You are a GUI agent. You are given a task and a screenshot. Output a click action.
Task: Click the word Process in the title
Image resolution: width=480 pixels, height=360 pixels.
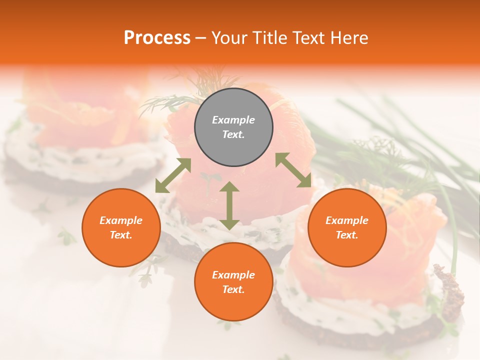pyautogui.click(x=157, y=38)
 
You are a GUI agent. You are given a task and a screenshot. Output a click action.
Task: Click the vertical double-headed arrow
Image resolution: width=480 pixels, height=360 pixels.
pyautogui.click(x=229, y=205)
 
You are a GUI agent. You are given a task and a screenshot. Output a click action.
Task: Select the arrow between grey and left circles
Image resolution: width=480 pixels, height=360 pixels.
pyautogui.click(x=173, y=175)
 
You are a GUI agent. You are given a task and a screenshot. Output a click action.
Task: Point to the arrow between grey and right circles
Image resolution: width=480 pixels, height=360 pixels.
pyautogui.click(x=293, y=170)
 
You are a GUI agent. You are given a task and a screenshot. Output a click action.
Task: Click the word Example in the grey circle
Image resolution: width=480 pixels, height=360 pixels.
pyautogui.click(x=233, y=120)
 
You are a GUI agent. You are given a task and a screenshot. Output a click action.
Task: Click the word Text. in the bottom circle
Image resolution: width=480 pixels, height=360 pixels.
pyautogui.click(x=233, y=289)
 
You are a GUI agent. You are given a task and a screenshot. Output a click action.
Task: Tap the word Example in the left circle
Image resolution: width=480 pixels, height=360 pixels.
pyautogui.click(x=121, y=220)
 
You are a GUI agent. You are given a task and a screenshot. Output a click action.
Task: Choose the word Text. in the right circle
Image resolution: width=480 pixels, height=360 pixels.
pyautogui.click(x=347, y=235)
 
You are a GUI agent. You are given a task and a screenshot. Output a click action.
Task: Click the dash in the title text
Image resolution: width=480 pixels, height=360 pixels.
pyautogui.click(x=201, y=38)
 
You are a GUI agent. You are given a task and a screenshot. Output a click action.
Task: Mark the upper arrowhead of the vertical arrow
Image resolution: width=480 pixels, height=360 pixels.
pyautogui.click(x=229, y=188)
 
